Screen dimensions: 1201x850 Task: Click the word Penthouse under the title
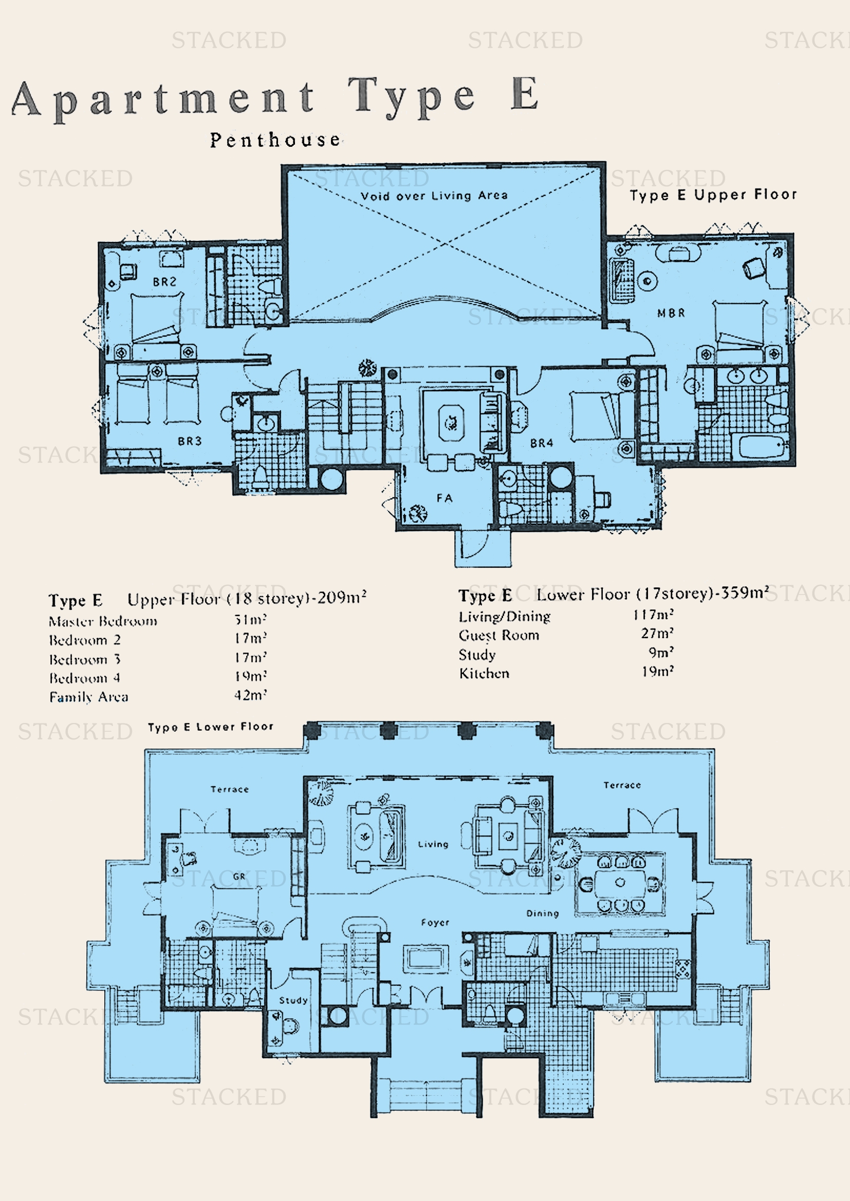pyautogui.click(x=275, y=140)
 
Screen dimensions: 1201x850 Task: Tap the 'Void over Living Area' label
pyautogui.click(x=434, y=196)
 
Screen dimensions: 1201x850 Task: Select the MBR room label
pyautogui.click(x=671, y=313)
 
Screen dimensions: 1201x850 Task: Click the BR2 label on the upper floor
pyautogui.click(x=164, y=282)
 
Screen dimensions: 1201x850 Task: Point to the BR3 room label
pyautogui.click(x=190, y=441)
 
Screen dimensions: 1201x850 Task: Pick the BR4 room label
pyautogui.click(x=541, y=443)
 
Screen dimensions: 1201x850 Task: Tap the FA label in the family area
pyautogui.click(x=445, y=498)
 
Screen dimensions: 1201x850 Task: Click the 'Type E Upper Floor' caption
pyautogui.click(x=713, y=195)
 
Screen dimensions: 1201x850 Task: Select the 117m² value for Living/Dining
pyautogui.click(x=653, y=615)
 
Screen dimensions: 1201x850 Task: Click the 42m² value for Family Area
pyautogui.click(x=250, y=695)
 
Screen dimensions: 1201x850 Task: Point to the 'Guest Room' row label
pyautogui.click(x=499, y=635)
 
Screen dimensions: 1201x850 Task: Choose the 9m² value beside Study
pyautogui.click(x=661, y=652)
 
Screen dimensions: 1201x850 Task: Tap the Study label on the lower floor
pyautogui.click(x=293, y=1000)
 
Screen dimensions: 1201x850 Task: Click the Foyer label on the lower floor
pyautogui.click(x=435, y=922)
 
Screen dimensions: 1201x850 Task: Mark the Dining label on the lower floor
pyautogui.click(x=542, y=913)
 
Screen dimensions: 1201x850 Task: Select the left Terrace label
pyautogui.click(x=229, y=789)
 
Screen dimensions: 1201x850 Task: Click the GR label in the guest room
pyautogui.click(x=238, y=876)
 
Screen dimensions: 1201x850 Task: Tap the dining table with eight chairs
pyautogui.click(x=620, y=883)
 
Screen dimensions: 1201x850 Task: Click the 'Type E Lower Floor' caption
pyautogui.click(x=210, y=727)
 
